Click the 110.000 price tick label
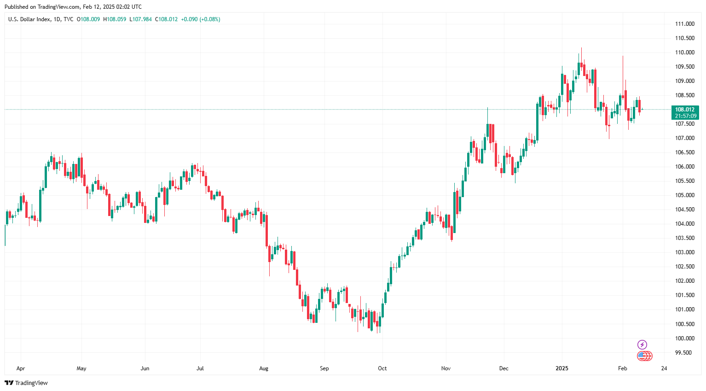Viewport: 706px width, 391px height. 684,53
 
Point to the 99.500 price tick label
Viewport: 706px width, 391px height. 683,353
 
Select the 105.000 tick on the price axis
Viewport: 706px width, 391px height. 684,195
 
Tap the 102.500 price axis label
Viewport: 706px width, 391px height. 684,267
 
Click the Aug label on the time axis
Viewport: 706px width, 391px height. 264,368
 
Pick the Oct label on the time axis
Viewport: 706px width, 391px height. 382,368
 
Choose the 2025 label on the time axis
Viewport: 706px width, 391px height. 562,368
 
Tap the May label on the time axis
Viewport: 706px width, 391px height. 81,368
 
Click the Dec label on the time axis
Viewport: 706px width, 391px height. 504,368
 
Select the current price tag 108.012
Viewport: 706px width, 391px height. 685,110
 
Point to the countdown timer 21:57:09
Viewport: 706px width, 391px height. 685,116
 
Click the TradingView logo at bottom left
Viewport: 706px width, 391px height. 26,383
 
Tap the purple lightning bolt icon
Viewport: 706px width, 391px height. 642,344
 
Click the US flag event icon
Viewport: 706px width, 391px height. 642,356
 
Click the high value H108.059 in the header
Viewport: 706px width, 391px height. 115,19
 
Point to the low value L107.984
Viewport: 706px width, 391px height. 140,19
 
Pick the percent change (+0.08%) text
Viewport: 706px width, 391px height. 210,19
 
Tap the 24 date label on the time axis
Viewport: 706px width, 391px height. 664,368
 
